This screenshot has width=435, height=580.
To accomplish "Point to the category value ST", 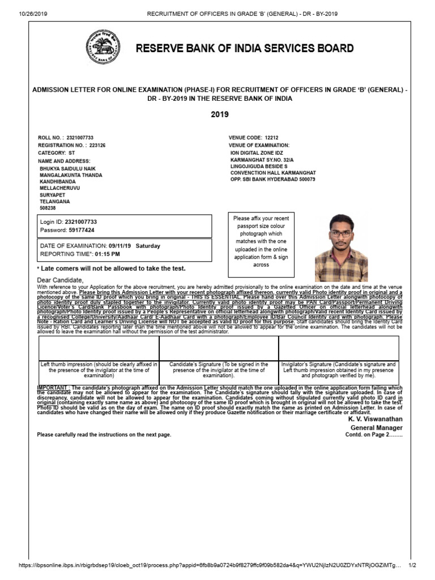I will point(71,153).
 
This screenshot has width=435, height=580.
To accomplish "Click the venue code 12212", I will point(272,138).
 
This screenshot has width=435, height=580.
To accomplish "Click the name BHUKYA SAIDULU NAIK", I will point(65,169).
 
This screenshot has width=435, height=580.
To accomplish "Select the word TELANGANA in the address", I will point(54,201).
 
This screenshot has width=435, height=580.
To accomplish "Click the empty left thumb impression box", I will point(98,348).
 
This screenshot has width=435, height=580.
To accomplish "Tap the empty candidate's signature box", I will point(218,348).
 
